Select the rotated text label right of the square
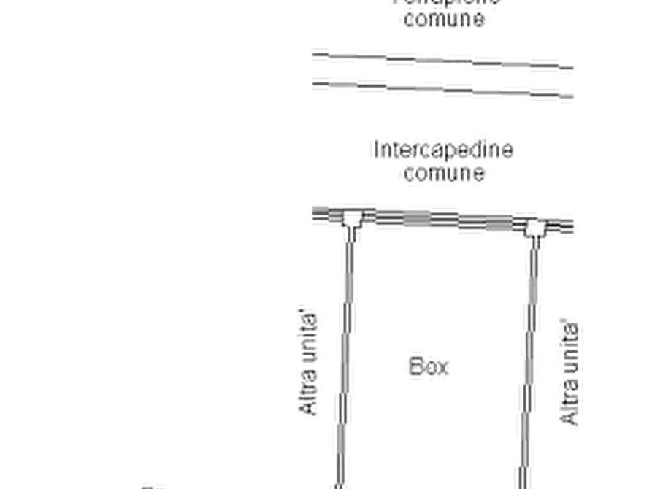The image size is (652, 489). click(568, 370)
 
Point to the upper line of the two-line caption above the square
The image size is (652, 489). click(443, 150)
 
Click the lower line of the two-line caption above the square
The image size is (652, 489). click(443, 174)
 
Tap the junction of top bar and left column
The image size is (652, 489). click(351, 216)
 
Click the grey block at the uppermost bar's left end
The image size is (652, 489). click(315, 55)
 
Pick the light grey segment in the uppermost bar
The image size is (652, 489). click(515, 64)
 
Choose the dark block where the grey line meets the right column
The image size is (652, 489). click(531, 315)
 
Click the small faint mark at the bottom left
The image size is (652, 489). click(153, 484)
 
